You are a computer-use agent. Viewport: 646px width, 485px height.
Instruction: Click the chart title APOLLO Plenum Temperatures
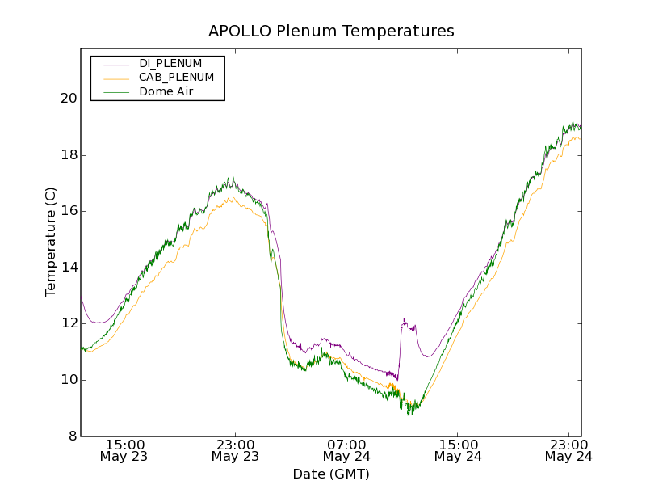click(331, 32)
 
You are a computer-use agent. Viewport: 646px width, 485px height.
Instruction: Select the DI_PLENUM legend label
click(170, 63)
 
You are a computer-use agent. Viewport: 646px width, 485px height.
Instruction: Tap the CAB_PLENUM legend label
click(176, 78)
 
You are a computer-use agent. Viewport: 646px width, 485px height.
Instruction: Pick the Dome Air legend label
click(166, 92)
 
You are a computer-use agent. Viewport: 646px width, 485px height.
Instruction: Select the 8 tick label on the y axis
click(70, 436)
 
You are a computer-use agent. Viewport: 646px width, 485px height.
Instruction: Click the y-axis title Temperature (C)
click(51, 242)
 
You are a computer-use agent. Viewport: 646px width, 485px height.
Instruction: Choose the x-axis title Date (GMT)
click(331, 474)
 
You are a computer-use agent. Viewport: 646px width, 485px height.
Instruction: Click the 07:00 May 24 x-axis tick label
click(346, 450)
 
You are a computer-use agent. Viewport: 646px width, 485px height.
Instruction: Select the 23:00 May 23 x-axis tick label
click(235, 450)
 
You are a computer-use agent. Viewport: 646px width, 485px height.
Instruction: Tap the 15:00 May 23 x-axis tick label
click(124, 450)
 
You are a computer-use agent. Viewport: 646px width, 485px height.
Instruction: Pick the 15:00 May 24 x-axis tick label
click(458, 450)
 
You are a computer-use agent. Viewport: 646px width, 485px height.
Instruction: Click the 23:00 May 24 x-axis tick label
click(568, 450)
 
